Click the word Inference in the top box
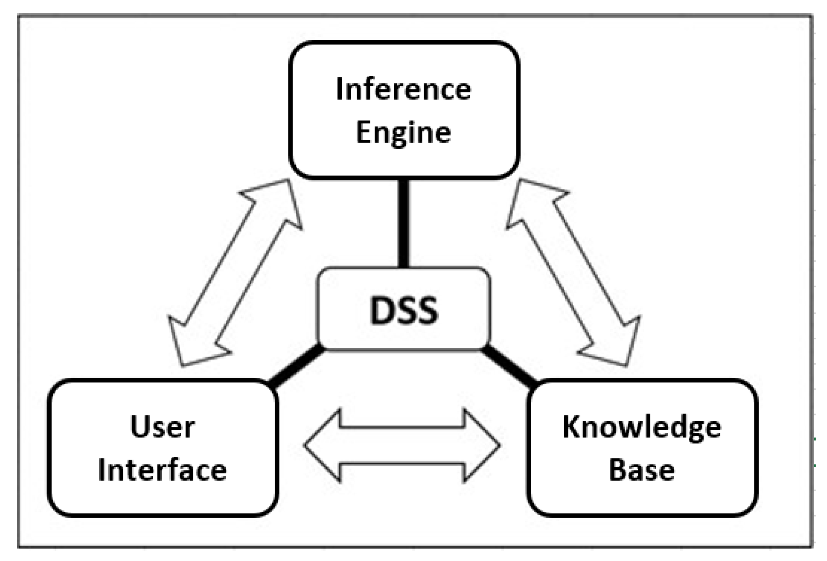(x=404, y=89)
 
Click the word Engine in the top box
(x=404, y=133)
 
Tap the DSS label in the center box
(x=404, y=311)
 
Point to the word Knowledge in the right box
(x=641, y=427)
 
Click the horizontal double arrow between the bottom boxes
(x=402, y=445)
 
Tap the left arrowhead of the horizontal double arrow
(x=322, y=445)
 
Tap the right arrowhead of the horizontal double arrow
(x=482, y=445)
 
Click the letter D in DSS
(x=381, y=311)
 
